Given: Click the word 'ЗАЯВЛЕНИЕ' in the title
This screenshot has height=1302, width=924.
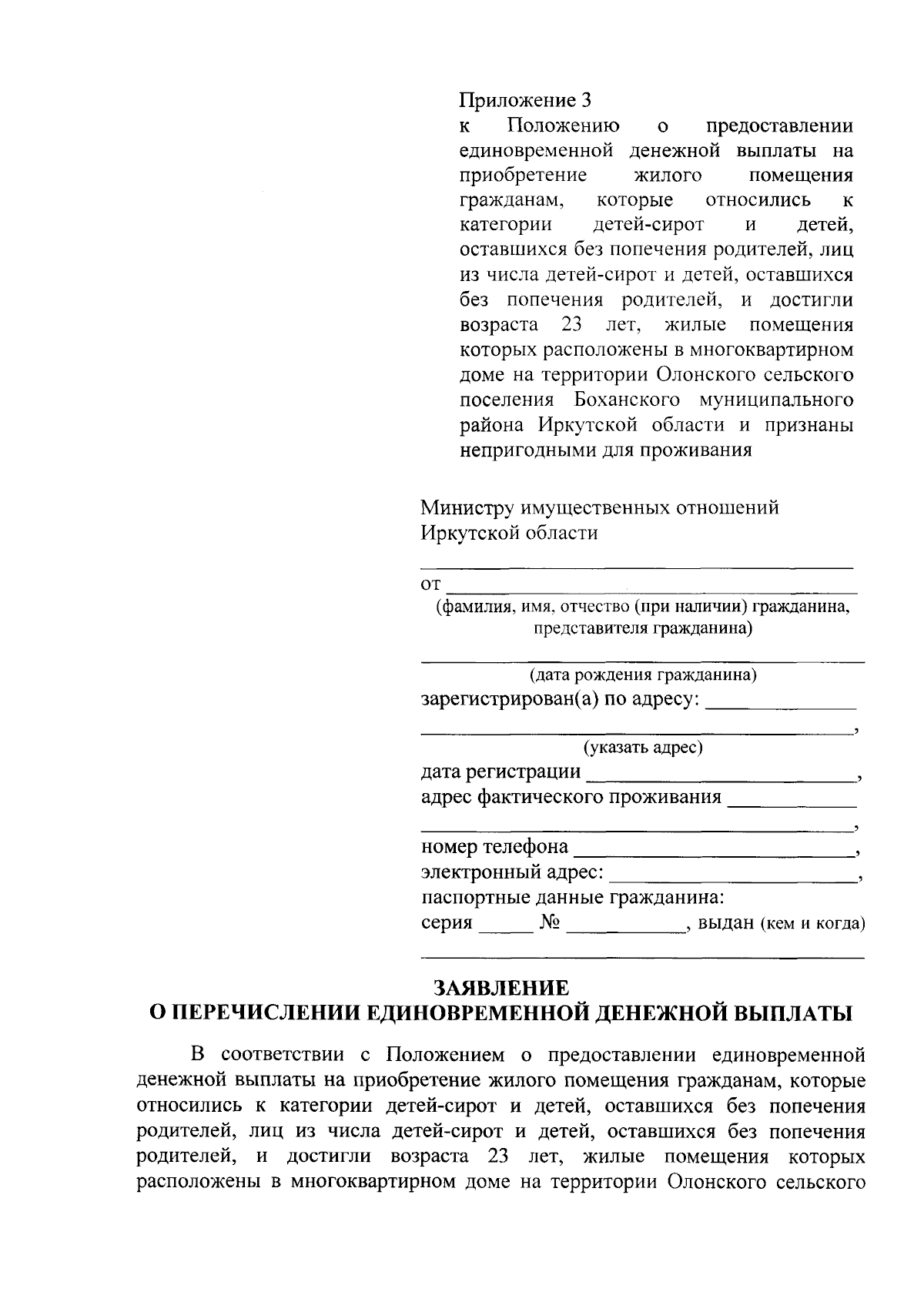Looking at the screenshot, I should pyautogui.click(x=501, y=988).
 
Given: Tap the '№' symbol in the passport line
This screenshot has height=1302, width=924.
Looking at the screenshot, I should pyautogui.click(x=549, y=922).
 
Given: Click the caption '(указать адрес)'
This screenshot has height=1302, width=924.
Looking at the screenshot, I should pyautogui.click(x=642, y=747).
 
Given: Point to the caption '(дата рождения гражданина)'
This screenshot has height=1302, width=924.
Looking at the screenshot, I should pyautogui.click(x=642, y=675).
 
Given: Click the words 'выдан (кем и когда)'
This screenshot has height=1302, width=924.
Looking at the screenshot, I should pyautogui.click(x=781, y=923).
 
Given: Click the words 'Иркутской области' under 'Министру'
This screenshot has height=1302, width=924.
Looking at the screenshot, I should pyautogui.click(x=509, y=533).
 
